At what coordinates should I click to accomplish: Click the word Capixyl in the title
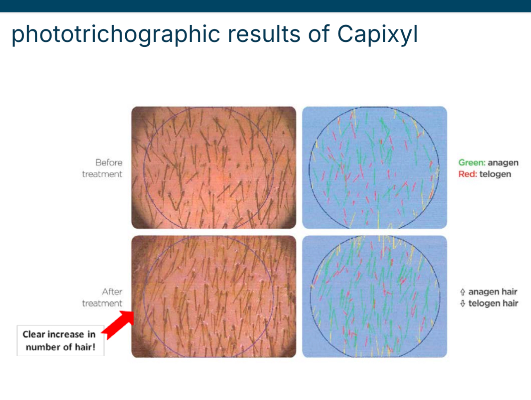tap(378, 34)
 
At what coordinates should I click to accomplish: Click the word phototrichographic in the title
tap(116, 34)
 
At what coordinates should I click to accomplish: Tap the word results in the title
tap(264, 34)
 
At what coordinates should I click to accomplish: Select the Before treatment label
tap(102, 168)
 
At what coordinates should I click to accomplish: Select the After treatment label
tap(102, 297)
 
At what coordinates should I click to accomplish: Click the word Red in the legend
tap(468, 174)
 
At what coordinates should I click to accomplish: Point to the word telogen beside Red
tap(495, 174)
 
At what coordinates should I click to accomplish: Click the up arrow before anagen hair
tap(462, 292)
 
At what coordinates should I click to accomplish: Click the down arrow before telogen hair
tap(462, 304)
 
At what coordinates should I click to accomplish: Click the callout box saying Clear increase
tap(60, 340)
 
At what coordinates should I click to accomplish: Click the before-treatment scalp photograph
tap(214, 168)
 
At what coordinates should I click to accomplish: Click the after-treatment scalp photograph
tap(214, 296)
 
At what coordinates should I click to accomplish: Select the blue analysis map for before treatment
tap(375, 168)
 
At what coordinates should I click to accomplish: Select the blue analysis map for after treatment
tap(375, 296)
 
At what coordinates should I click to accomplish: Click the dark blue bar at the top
tap(265, 6)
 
